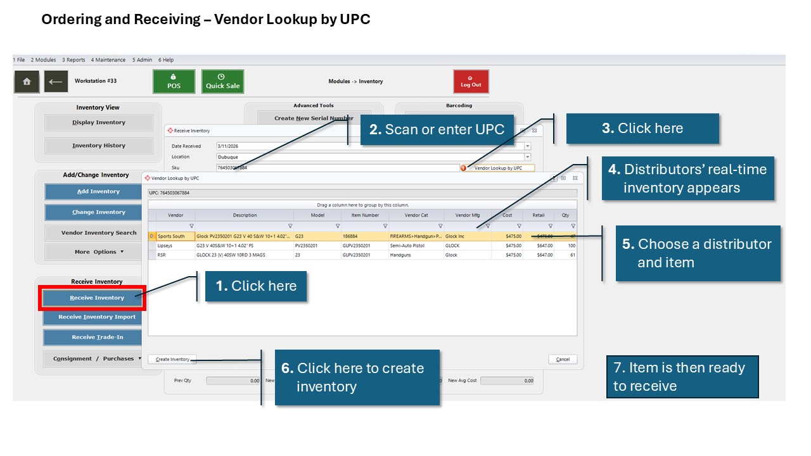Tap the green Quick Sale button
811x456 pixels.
coord(222,82)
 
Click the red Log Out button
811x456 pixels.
coord(471,82)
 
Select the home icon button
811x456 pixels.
coord(27,82)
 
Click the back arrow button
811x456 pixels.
coord(56,82)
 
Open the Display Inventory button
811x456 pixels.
coord(98,123)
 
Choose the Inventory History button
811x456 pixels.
coord(98,146)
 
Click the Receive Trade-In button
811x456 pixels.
coord(97,337)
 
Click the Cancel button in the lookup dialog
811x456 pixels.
coord(563,359)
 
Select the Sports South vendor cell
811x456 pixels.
coord(171,236)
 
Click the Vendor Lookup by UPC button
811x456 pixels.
coord(499,168)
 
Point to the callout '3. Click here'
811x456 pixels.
coord(642,129)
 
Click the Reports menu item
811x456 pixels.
coord(73,60)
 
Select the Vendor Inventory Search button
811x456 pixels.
coord(98,232)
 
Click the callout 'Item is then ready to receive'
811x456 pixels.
coord(682,377)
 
